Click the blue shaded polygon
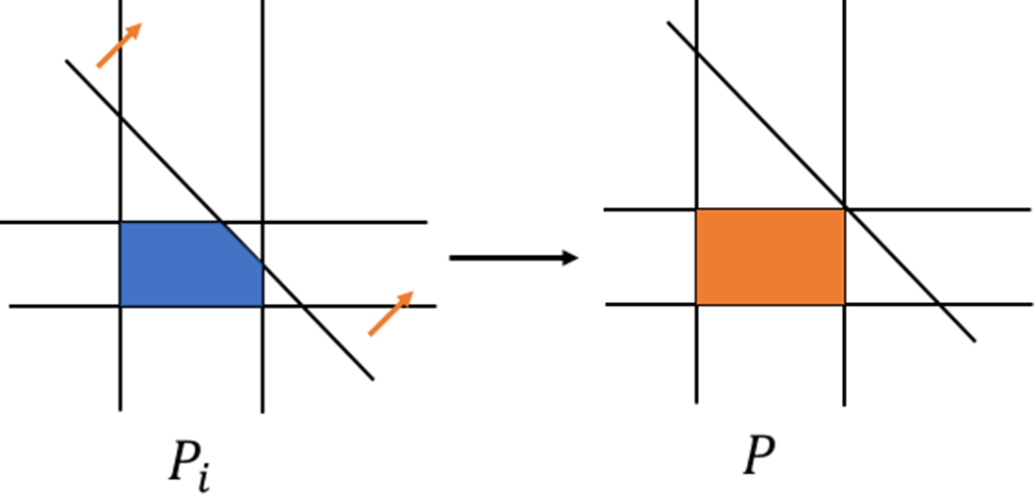[x=184, y=264]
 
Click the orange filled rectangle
[x=771, y=257]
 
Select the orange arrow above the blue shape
[x=119, y=45]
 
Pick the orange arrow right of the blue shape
[x=390, y=313]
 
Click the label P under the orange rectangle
[x=759, y=455]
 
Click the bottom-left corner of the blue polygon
[x=120, y=307]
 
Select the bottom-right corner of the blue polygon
[x=263, y=307]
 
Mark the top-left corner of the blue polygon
[x=120, y=222]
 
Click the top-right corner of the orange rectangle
[x=845, y=210]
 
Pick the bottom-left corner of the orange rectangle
[x=696, y=305]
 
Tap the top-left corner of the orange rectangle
[x=696, y=210]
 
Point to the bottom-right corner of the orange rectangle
[x=845, y=305]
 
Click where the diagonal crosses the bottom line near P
[x=939, y=305]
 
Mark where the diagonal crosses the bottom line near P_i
[x=302, y=307]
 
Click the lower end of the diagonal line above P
[x=975, y=341]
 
